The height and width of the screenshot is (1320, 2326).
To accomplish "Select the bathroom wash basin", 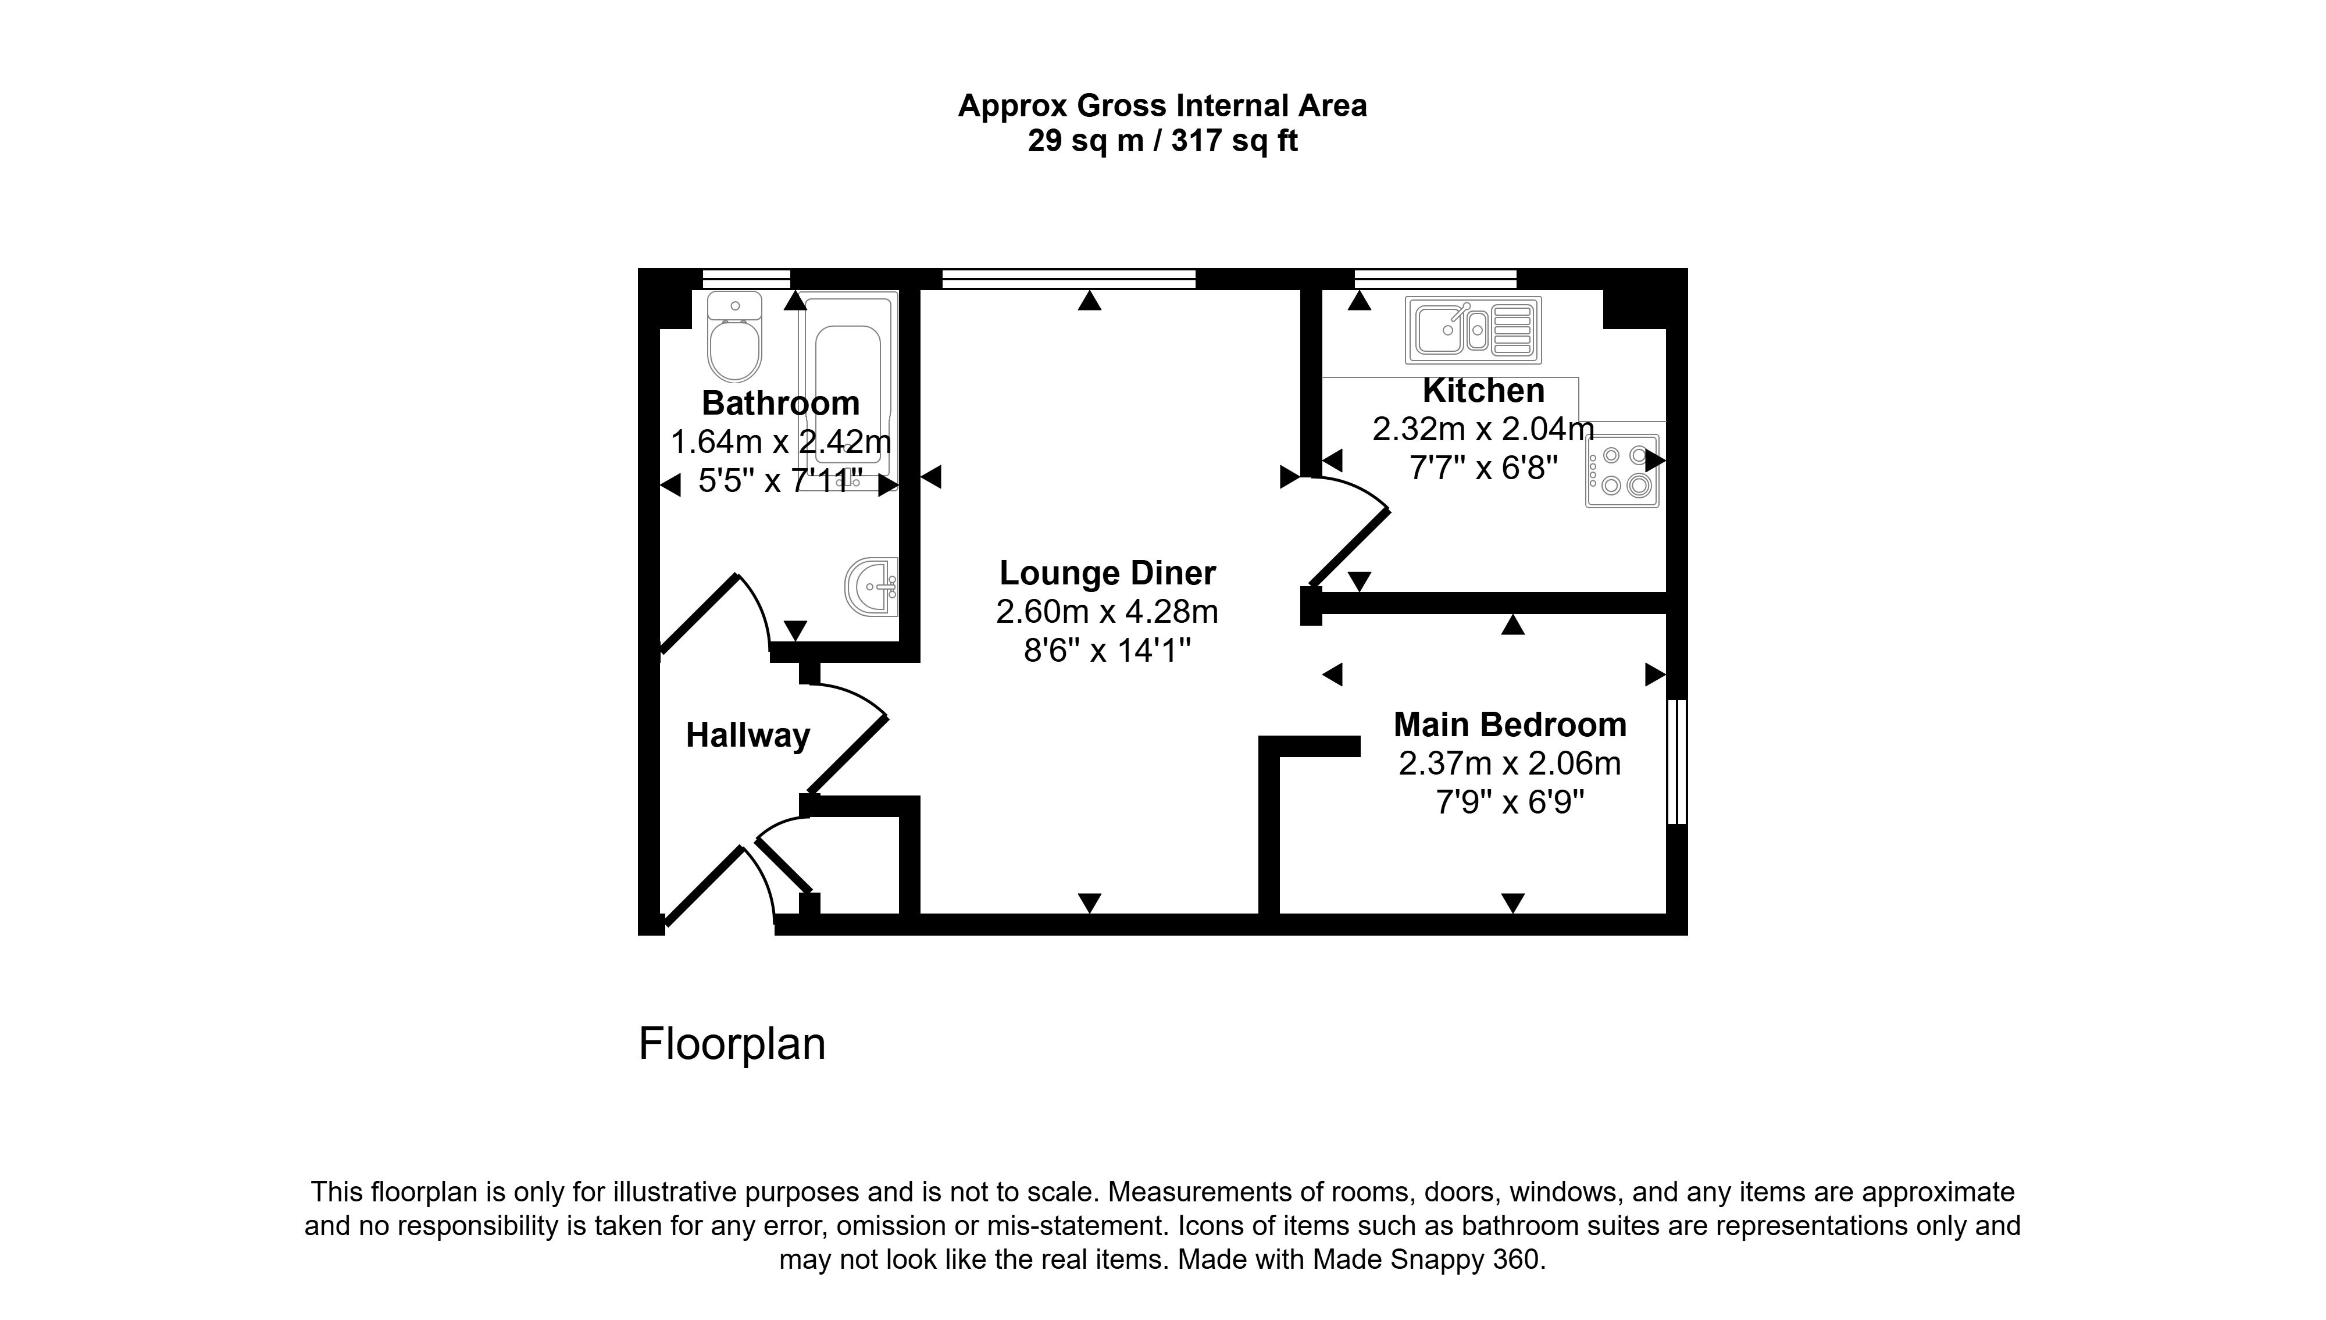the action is (871, 587).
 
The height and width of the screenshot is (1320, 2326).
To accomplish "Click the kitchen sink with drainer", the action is (1473, 330).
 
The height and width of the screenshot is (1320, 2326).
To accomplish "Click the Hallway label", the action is (748, 735).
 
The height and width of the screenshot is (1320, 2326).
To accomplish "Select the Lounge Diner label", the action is (1108, 573).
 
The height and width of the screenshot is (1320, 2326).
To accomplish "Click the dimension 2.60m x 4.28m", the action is (1107, 612).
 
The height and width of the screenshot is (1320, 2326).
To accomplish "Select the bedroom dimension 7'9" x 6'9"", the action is (1510, 802).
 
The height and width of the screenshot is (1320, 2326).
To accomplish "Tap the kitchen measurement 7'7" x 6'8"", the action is (1484, 468).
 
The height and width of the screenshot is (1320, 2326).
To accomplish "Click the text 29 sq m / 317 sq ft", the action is (1163, 141).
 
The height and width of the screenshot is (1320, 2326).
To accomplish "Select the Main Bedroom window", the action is (1677, 762).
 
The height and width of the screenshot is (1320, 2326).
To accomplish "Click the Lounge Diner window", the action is (1069, 279).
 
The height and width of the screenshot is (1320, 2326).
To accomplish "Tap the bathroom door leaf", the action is (699, 613).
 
